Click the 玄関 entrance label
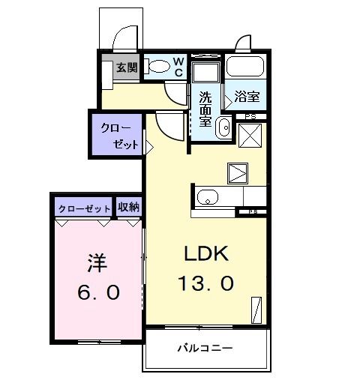(x=126, y=67)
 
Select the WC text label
(x=179, y=67)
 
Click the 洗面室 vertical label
(x=205, y=109)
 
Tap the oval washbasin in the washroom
(x=223, y=128)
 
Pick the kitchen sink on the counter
(x=207, y=198)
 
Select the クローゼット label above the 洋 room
(x=83, y=208)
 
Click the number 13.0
(x=205, y=284)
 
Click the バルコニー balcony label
(x=205, y=348)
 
